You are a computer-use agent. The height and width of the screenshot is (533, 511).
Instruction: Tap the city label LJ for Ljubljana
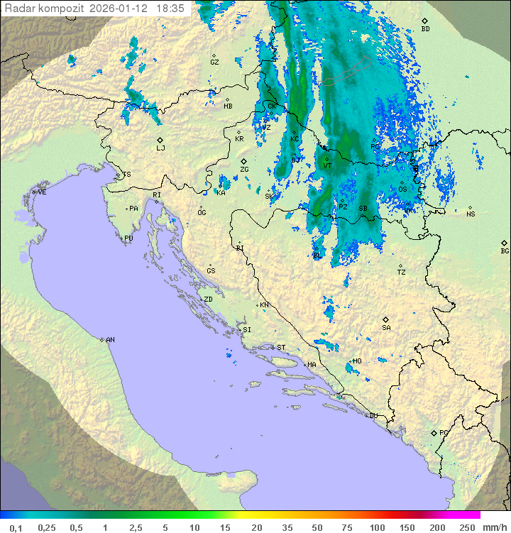pos(160,148)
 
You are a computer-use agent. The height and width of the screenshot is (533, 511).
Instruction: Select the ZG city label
pos(244,170)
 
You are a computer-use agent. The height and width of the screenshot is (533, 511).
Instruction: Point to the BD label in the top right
pos(425,29)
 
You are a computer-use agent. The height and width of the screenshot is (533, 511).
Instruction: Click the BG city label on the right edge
pos(505,251)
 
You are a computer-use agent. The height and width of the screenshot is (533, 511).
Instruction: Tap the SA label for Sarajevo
pos(386,327)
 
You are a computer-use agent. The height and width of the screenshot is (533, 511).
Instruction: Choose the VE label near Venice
pos(42,192)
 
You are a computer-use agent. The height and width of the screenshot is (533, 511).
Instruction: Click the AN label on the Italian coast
pos(110,340)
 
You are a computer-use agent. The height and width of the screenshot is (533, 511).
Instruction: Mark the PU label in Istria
pos(128,238)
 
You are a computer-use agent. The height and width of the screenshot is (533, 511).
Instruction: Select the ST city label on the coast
pos(281,348)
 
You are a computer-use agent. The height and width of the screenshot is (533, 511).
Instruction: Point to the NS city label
pos(471,214)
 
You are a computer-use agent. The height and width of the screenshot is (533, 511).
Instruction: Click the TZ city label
pos(402,272)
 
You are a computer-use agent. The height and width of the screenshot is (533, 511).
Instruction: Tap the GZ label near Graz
pos(214,62)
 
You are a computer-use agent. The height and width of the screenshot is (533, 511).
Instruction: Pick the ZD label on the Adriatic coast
pos(208,300)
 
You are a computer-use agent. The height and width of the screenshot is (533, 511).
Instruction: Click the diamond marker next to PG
pos(434,432)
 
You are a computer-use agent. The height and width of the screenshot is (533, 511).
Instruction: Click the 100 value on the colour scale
pos(377,527)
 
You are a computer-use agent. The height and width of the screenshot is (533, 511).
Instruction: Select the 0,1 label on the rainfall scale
pos(16,527)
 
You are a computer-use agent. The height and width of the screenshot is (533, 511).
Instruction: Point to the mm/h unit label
pos(492,527)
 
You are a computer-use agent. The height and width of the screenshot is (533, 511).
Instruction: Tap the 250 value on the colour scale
pos(467,527)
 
